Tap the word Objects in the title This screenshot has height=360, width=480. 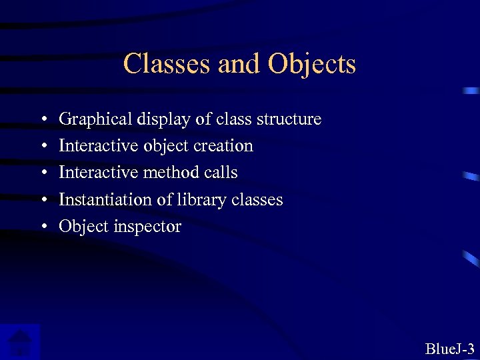coord(312,65)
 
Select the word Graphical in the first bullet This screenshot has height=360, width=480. coord(95,119)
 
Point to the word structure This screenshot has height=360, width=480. coord(290,119)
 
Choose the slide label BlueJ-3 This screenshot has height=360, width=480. coord(449,348)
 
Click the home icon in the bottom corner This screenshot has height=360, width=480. coord(21,342)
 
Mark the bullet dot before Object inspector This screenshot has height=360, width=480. coord(42,227)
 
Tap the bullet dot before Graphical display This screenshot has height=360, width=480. coord(42,119)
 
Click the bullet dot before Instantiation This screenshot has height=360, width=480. coord(42,200)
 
